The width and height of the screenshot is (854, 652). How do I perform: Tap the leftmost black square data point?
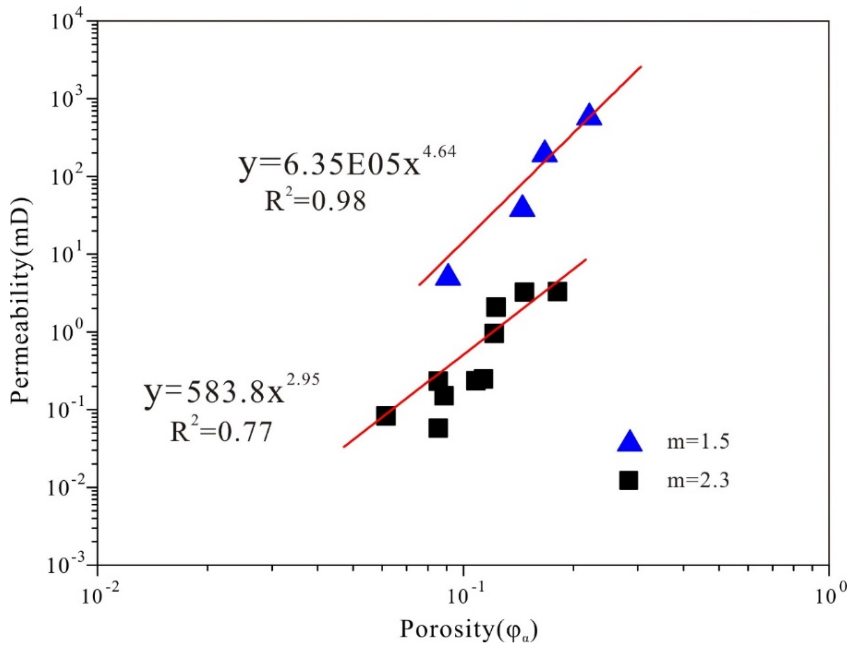coord(386,416)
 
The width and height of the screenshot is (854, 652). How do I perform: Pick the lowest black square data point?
coord(438,428)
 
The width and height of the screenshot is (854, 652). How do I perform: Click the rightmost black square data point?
coord(557,291)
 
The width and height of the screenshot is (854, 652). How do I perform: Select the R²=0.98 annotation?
coord(315,201)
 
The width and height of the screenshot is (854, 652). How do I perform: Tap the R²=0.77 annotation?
coord(221,432)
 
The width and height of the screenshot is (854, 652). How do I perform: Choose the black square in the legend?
coord(629,481)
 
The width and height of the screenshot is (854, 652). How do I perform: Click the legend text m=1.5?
coord(698,442)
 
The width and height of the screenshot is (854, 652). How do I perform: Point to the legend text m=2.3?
coord(698,481)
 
